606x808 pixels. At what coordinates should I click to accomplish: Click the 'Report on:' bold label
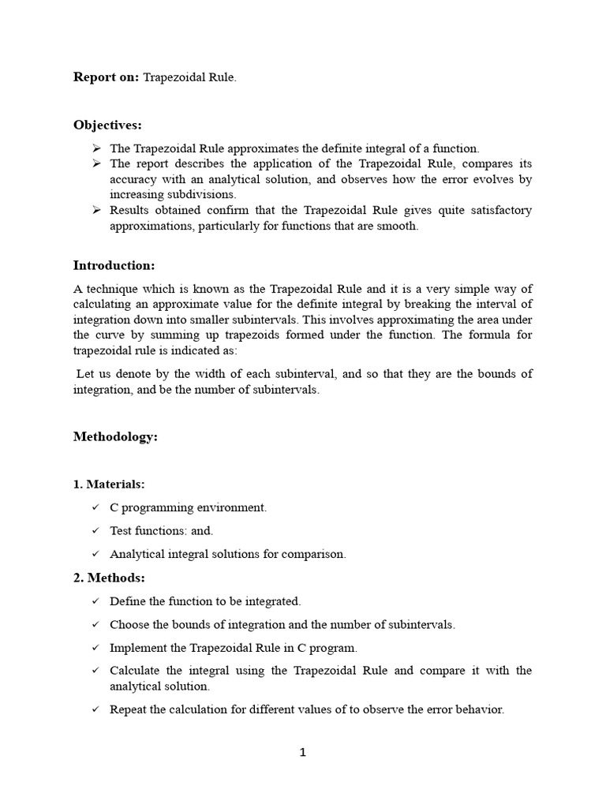pyautogui.click(x=106, y=77)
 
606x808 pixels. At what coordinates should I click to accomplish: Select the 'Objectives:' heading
pyautogui.click(x=107, y=125)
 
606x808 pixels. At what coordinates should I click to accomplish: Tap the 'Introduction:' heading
pyautogui.click(x=114, y=264)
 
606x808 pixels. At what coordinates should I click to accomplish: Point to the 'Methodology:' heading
pyautogui.click(x=115, y=436)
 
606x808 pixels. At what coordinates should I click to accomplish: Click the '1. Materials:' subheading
pyautogui.click(x=109, y=483)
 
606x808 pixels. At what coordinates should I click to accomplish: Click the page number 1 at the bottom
pyautogui.click(x=303, y=752)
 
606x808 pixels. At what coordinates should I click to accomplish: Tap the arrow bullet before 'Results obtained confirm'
pyautogui.click(x=95, y=210)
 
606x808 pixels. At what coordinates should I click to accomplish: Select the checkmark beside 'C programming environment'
pyautogui.click(x=95, y=507)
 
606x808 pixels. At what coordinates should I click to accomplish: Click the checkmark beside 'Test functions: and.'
pyautogui.click(x=95, y=531)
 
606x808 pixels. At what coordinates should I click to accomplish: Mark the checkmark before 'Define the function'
pyautogui.click(x=95, y=601)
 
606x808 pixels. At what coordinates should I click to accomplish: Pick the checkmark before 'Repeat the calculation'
pyautogui.click(x=95, y=709)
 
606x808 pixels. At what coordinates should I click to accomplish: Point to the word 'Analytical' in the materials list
pyautogui.click(x=136, y=554)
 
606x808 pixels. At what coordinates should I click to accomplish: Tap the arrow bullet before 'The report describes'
pyautogui.click(x=95, y=163)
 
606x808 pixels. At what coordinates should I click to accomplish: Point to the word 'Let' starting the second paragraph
pyautogui.click(x=85, y=374)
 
